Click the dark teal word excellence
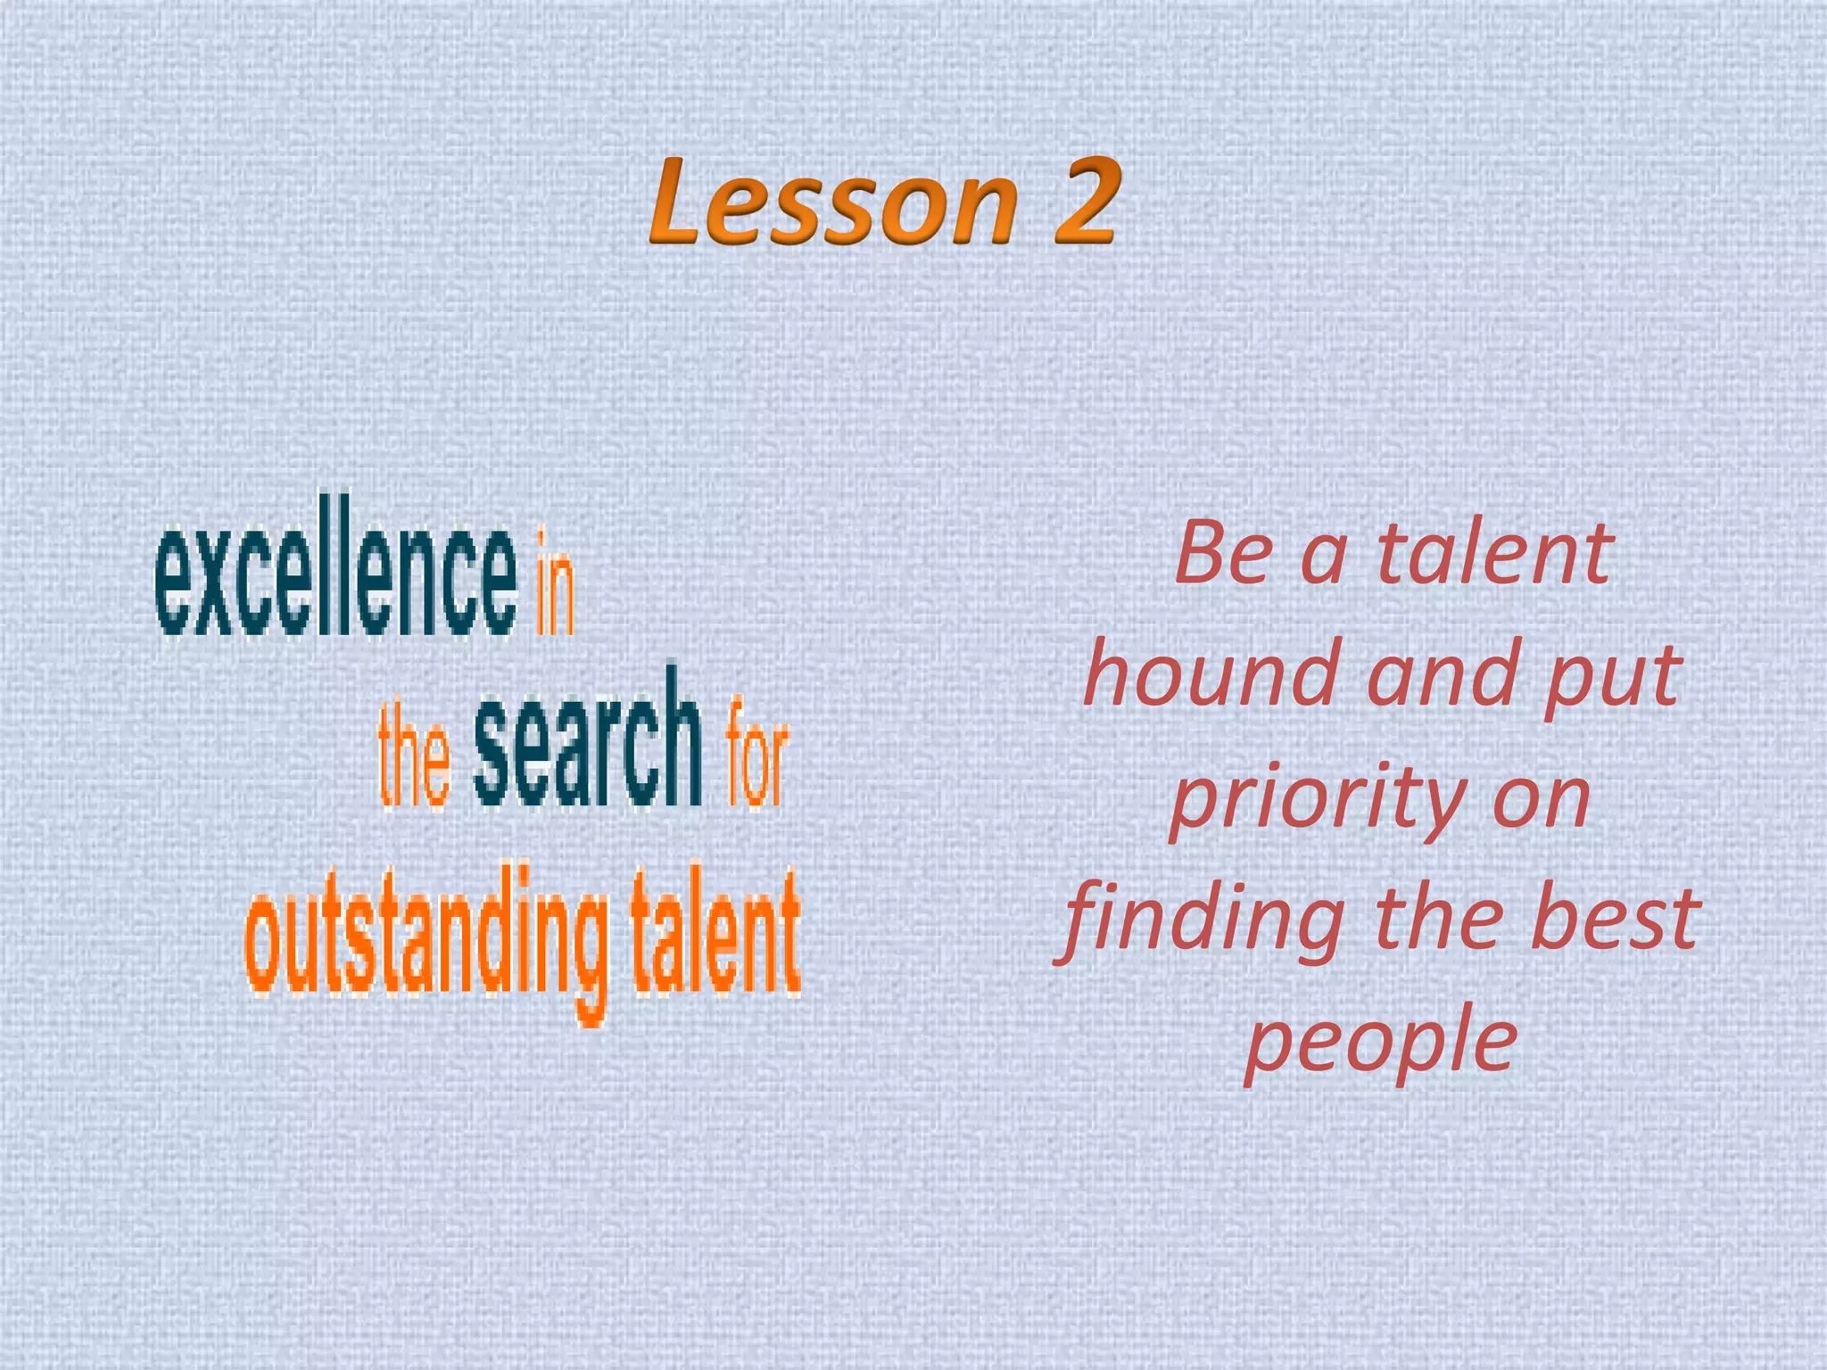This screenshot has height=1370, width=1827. coord(335,581)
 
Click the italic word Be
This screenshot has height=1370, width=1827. coord(1223,554)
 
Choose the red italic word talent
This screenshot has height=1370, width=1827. coord(1495,554)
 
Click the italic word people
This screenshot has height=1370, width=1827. coord(1380,1044)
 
